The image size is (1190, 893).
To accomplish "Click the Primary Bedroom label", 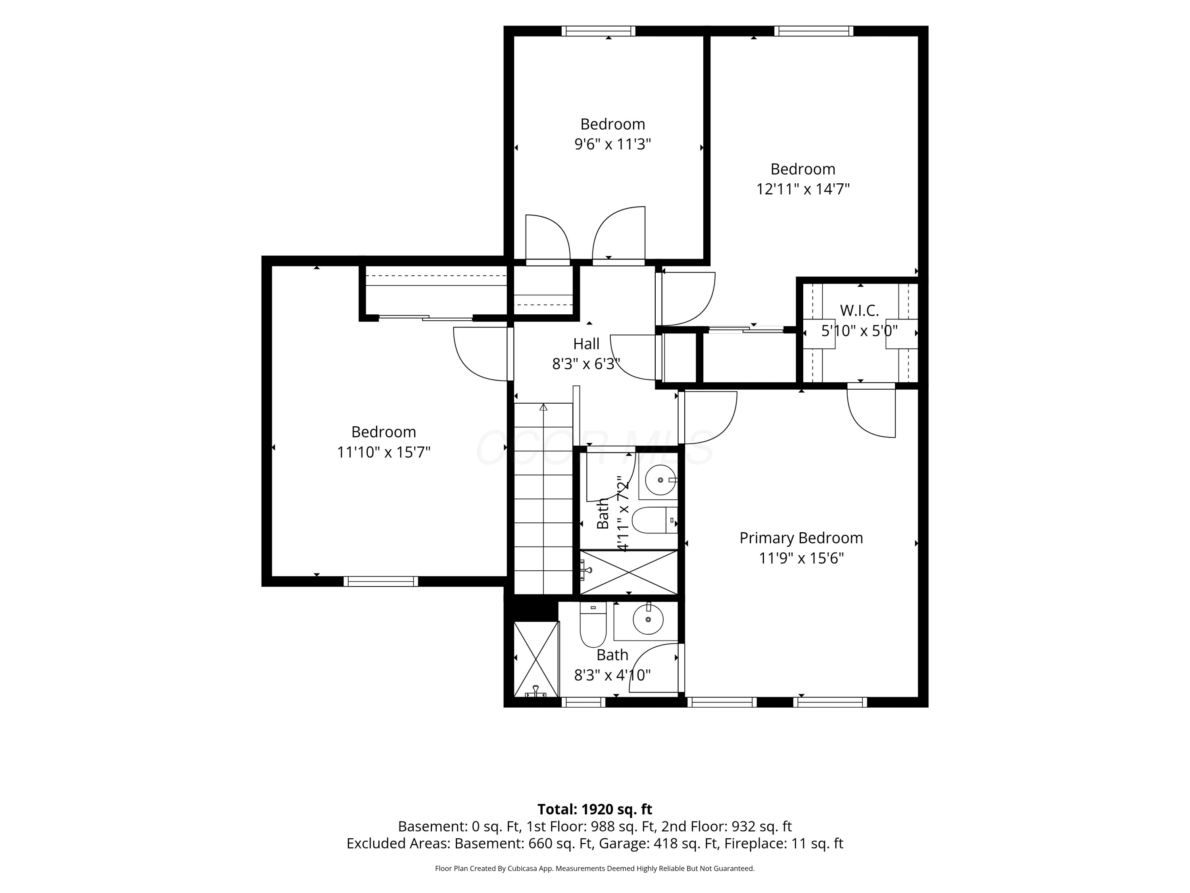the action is tap(801, 538).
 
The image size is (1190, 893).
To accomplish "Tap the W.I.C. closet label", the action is tap(859, 311).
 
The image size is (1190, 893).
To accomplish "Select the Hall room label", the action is tap(586, 344).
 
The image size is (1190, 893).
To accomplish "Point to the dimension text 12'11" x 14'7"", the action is tap(803, 189).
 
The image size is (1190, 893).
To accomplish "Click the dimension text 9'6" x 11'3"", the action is tap(613, 144).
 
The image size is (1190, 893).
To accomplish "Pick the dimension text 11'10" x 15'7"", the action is tap(384, 452).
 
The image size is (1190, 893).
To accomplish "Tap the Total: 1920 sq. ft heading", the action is tap(595, 810).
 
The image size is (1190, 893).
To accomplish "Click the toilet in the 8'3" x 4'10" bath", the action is tap(593, 624).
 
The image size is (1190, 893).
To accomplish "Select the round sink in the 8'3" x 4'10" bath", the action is tap(648, 620).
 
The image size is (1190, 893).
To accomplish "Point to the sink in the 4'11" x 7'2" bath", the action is tap(660, 479).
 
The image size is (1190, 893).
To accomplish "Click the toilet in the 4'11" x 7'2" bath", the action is tap(654, 520).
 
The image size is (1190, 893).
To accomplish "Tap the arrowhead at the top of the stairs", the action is tap(543, 408).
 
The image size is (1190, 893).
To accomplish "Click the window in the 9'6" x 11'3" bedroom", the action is tap(598, 31).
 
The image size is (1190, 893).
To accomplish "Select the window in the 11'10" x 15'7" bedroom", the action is tap(381, 581).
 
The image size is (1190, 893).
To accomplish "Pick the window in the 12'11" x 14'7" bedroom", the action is tap(814, 31).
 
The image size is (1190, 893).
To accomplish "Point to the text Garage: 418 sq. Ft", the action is tap(684, 843).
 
